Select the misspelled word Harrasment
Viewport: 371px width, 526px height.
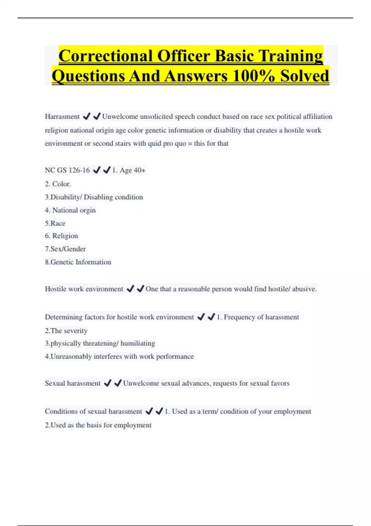click(x=62, y=117)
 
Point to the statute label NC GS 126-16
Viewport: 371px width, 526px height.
click(x=67, y=170)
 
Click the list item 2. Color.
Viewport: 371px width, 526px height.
click(x=58, y=184)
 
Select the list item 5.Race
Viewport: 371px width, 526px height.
click(x=55, y=223)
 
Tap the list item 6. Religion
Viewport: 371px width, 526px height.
click(x=61, y=236)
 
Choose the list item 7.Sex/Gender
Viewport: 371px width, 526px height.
click(x=65, y=249)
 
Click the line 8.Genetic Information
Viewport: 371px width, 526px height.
click(x=78, y=262)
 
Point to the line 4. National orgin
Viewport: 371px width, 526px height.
click(x=70, y=210)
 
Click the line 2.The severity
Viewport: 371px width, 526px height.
click(x=66, y=331)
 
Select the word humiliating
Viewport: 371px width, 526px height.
click(x=138, y=343)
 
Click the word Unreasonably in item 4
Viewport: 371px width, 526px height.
click(x=71, y=356)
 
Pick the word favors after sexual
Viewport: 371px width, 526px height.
click(x=280, y=383)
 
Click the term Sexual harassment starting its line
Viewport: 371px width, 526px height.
click(x=73, y=383)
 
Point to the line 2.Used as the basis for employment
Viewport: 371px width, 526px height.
click(x=98, y=425)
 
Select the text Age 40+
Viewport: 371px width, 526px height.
click(x=132, y=170)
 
